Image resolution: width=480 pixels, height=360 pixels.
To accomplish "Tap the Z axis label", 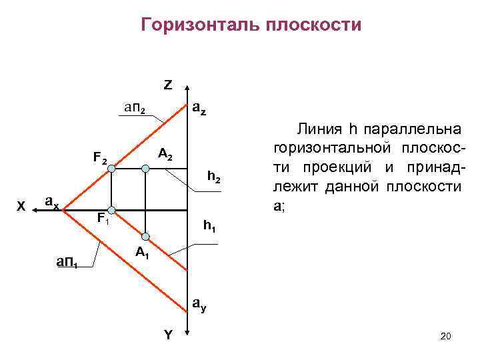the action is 167,85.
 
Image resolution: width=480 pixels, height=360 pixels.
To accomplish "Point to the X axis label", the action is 22,207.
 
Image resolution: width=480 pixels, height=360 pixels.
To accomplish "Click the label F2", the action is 100,159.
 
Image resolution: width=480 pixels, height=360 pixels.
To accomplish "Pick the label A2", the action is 165,155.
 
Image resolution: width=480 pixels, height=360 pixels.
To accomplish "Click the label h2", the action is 214,177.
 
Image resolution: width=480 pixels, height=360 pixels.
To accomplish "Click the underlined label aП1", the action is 67,263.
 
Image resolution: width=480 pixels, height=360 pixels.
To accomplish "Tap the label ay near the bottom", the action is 199,305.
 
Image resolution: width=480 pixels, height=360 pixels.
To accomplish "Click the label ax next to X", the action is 52,201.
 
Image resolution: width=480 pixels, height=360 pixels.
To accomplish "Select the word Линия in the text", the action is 320,129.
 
